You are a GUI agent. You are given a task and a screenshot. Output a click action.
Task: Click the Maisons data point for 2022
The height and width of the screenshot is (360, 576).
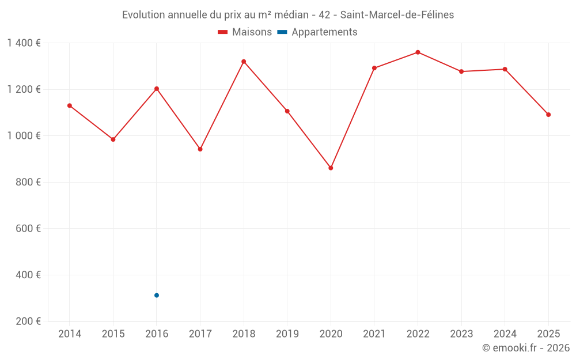pyautogui.click(x=418, y=52)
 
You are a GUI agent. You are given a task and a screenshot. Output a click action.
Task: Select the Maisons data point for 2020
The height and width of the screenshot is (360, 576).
pyautogui.click(x=331, y=168)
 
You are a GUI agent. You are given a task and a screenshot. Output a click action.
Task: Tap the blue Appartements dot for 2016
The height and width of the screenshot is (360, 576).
pyautogui.click(x=157, y=295)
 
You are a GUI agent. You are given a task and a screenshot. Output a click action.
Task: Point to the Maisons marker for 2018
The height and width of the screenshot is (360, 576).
pyautogui.click(x=244, y=62)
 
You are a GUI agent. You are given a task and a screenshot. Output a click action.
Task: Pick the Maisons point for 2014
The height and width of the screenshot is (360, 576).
pyautogui.click(x=70, y=105)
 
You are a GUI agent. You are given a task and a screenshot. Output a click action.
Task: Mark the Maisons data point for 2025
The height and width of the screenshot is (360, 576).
pyautogui.click(x=548, y=115)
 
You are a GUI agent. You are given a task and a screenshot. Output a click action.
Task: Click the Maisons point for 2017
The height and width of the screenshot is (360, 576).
pyautogui.click(x=200, y=149)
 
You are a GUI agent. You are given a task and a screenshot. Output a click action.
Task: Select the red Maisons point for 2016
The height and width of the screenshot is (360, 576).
pyautogui.click(x=157, y=89)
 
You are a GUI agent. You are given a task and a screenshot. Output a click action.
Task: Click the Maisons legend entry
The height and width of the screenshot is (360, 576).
pyautogui.click(x=245, y=32)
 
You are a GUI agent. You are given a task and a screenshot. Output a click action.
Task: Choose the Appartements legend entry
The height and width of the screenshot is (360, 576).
pyautogui.click(x=317, y=32)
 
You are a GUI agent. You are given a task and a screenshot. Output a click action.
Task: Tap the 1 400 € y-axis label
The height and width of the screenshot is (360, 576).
pyautogui.click(x=24, y=43)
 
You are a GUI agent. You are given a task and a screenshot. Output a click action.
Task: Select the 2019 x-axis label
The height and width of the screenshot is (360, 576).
pyautogui.click(x=287, y=334)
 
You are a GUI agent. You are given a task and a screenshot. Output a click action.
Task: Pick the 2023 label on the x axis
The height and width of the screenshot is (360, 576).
pyautogui.click(x=461, y=334)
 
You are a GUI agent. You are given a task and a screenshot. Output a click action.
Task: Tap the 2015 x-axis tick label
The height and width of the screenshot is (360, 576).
pyautogui.click(x=113, y=334)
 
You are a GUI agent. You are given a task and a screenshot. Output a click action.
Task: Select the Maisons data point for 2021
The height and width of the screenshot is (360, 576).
pyautogui.click(x=374, y=68)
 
